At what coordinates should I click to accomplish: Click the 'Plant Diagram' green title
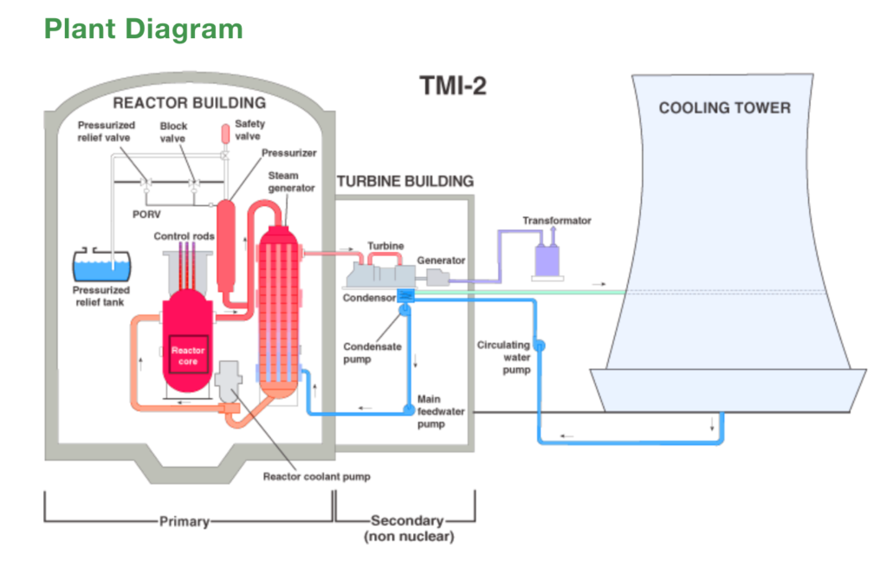[143, 29]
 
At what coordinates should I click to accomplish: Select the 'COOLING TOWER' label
[724, 108]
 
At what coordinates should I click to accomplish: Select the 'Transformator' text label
[556, 221]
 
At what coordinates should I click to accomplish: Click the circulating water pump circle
[538, 346]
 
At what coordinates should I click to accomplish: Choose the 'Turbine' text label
[385, 246]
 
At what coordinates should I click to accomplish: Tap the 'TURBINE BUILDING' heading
[405, 182]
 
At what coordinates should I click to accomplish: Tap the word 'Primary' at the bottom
[184, 522]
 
